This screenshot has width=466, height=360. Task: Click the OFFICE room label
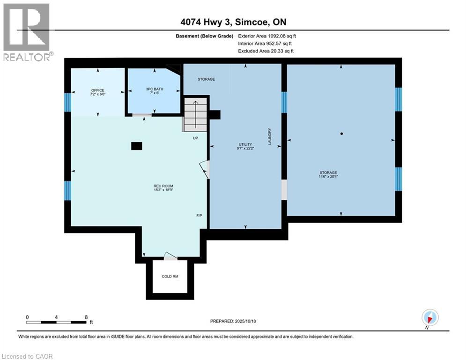point(98,90)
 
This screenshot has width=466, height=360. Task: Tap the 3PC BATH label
point(152,90)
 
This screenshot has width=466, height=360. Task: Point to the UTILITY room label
point(245,144)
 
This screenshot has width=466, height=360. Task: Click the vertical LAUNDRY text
point(270,136)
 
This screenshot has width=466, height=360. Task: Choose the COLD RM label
point(170,277)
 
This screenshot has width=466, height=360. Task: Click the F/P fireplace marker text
point(199,216)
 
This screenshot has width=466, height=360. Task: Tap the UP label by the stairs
point(195,138)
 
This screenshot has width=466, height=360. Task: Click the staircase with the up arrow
point(194,114)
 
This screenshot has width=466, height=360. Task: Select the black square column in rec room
point(136,146)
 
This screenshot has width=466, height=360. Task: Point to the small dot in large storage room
point(341,134)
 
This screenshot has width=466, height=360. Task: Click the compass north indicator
point(429,318)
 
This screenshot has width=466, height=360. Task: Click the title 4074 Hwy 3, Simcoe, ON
point(233,22)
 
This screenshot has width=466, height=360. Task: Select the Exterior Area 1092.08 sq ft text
point(267,36)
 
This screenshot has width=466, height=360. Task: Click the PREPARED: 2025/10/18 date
point(233,321)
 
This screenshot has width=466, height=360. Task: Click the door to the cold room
point(170,256)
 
